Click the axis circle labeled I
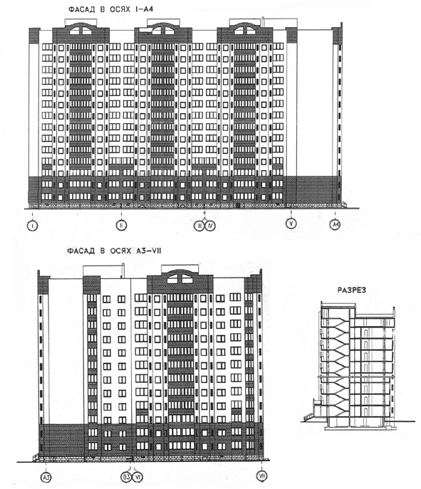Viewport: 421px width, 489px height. click(x=33, y=225)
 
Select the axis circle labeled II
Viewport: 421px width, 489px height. click(x=121, y=225)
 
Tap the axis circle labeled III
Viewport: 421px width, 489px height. click(x=199, y=226)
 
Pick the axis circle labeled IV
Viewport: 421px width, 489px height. click(x=209, y=226)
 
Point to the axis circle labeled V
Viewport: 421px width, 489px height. click(x=291, y=224)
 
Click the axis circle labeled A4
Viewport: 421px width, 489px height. click(x=336, y=224)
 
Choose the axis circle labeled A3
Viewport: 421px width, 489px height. click(x=46, y=477)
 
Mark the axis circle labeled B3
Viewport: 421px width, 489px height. click(x=126, y=477)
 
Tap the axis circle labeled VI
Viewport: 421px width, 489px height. click(x=137, y=477)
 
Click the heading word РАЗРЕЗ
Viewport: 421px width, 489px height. click(x=352, y=290)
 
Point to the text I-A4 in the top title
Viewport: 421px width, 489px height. click(x=144, y=9)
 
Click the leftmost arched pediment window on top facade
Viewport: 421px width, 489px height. click(x=80, y=30)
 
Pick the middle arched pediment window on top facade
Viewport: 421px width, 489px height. click(x=163, y=30)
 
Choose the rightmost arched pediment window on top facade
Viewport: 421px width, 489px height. click(x=245, y=30)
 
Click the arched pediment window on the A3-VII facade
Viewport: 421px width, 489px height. click(x=180, y=278)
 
